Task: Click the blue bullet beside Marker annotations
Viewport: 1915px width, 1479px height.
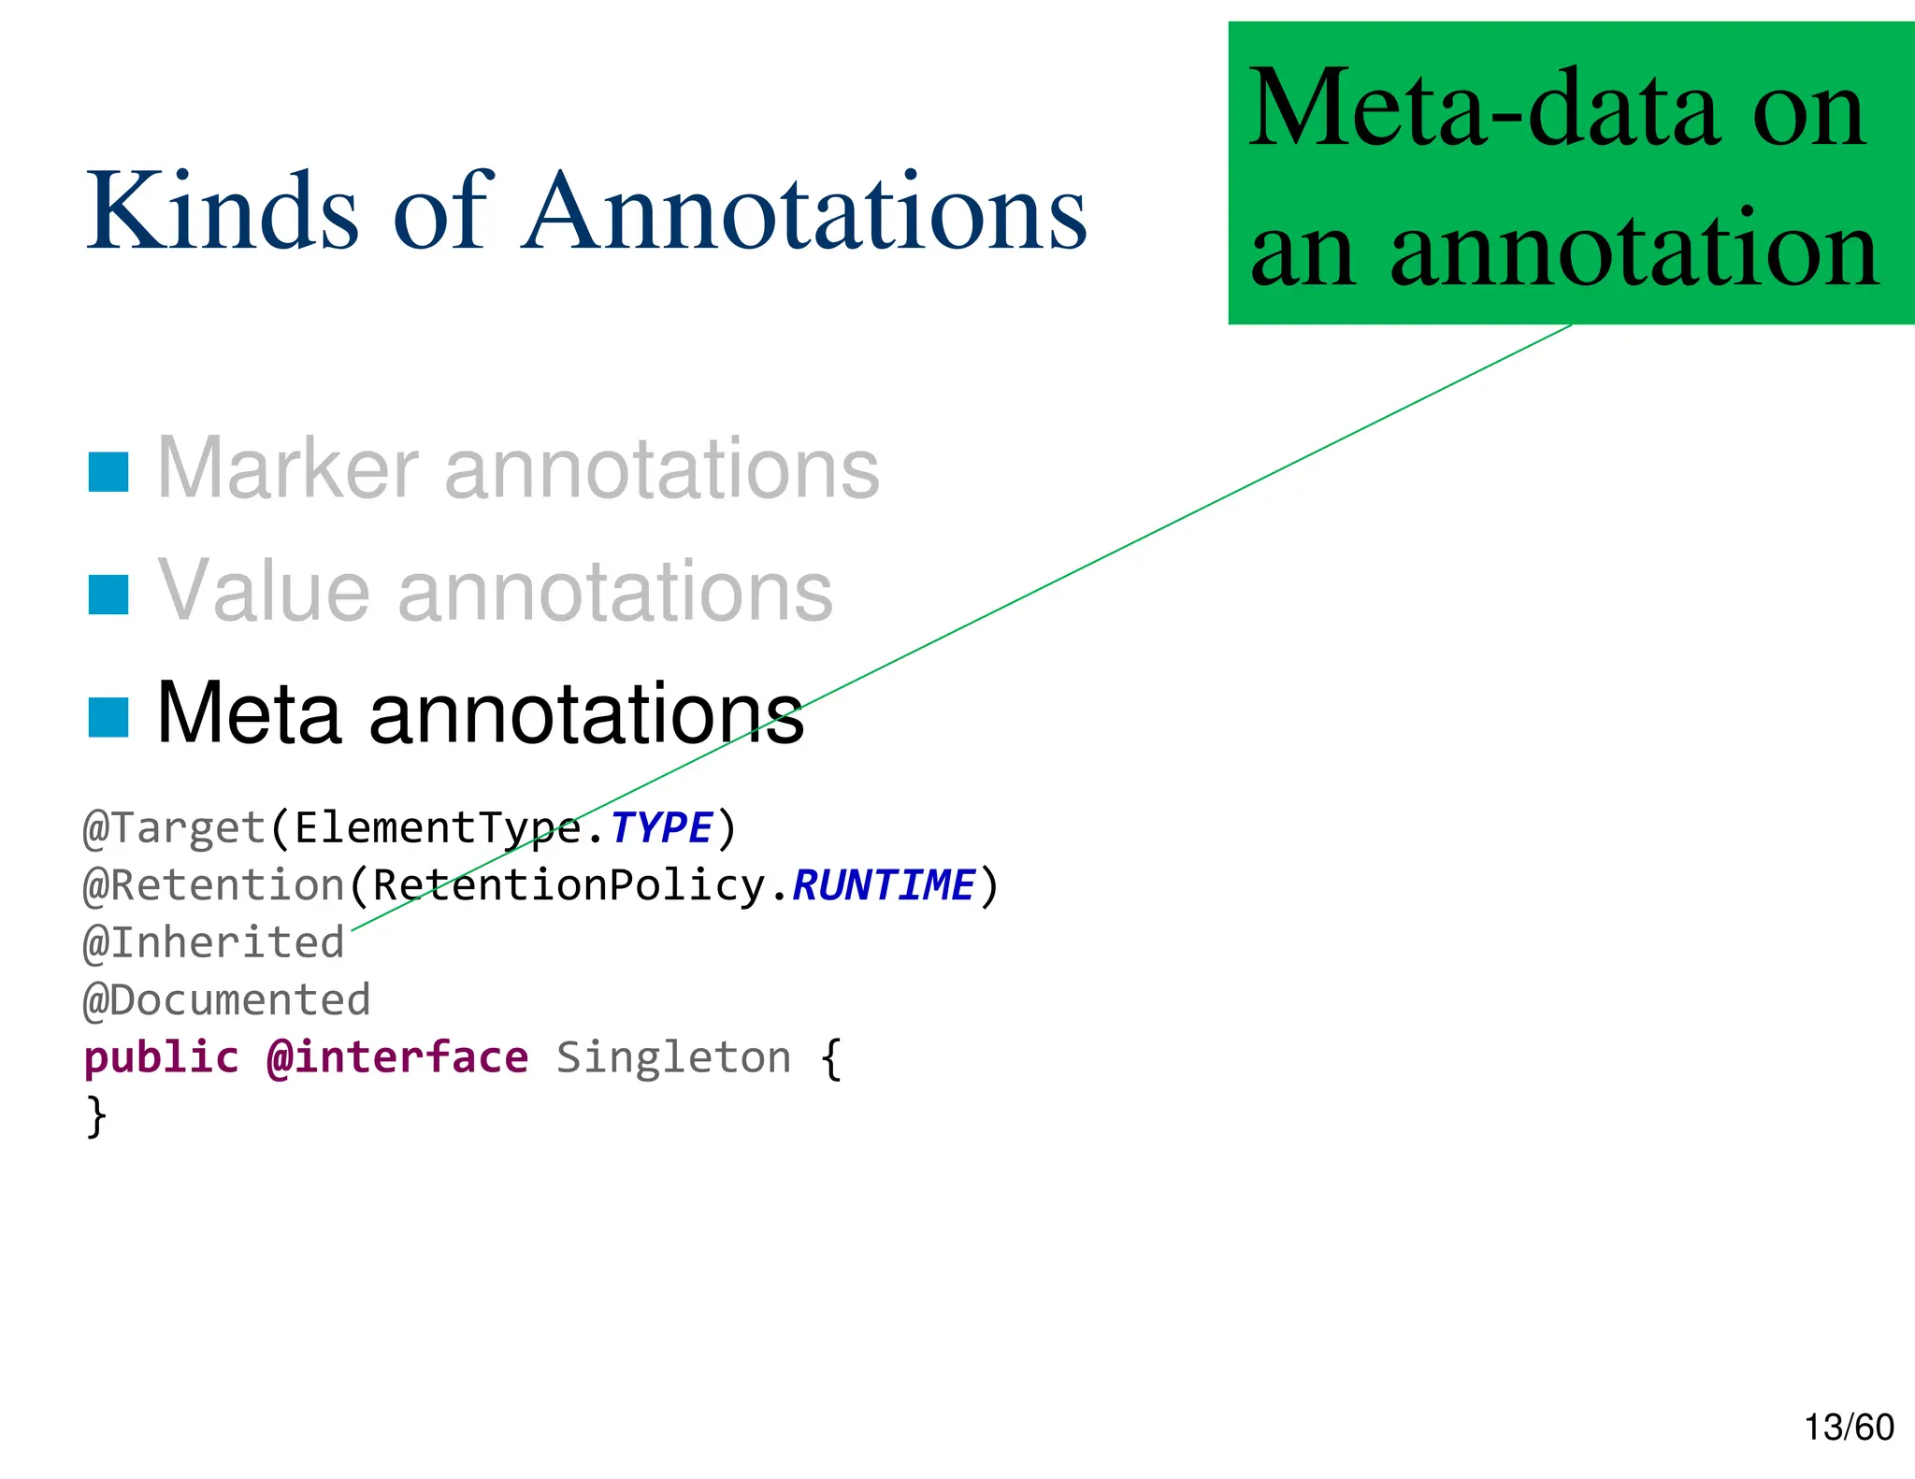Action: [x=108, y=471]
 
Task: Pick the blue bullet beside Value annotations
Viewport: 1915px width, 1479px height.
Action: [x=108, y=595]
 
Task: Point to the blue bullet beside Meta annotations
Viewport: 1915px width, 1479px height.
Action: [x=108, y=717]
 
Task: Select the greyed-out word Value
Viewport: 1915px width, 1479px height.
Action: [x=264, y=591]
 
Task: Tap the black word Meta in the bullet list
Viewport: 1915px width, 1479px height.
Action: [x=249, y=713]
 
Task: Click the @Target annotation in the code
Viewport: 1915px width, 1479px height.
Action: [x=175, y=828]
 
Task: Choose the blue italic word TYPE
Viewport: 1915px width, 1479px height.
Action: [x=661, y=828]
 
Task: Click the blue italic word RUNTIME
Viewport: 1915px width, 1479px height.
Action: [x=883, y=885]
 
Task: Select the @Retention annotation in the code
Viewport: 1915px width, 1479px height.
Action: [x=214, y=885]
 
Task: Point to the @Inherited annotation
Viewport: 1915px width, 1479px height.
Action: [x=214, y=942]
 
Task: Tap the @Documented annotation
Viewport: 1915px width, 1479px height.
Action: [x=227, y=1000]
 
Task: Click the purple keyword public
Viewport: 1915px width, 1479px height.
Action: [x=162, y=1057]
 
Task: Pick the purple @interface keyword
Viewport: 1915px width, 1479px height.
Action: [x=397, y=1057]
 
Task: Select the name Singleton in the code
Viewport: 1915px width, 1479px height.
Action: [x=673, y=1057]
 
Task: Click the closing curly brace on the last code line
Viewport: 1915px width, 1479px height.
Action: [x=96, y=1116]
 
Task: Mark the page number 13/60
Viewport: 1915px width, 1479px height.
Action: [x=1849, y=1428]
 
